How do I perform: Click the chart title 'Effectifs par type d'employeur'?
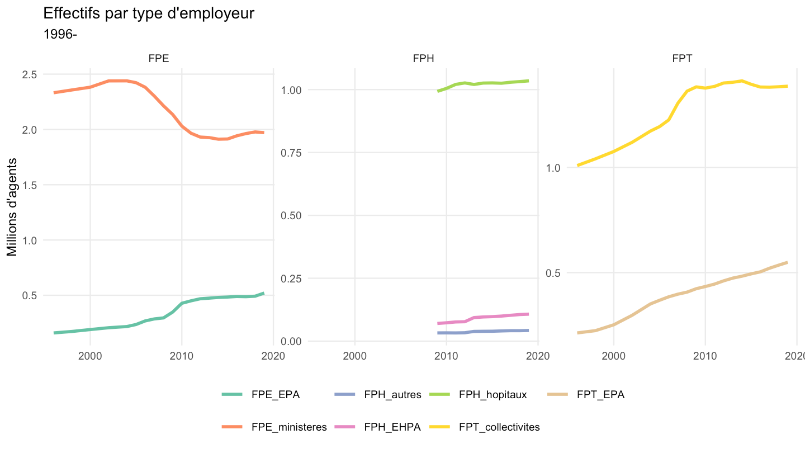point(149,13)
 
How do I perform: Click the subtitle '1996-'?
point(60,34)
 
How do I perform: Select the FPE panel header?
point(159,58)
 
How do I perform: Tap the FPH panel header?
point(423,58)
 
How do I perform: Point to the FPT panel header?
point(682,58)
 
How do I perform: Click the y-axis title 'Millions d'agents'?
point(12,207)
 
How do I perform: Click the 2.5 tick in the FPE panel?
point(30,74)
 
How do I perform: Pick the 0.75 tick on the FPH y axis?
point(291,153)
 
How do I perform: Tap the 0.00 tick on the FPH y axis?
point(291,341)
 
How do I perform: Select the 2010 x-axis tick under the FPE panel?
point(182,356)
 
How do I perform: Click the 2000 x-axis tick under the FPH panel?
point(354,356)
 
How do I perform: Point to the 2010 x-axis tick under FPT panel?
point(705,356)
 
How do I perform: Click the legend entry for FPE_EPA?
point(261,394)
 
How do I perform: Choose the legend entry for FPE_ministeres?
point(274,427)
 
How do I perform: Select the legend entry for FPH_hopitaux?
point(479,394)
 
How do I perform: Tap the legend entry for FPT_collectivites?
point(485,427)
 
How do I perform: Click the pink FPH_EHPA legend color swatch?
point(344,427)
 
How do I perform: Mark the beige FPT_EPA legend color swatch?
point(557,394)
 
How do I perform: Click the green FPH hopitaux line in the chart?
point(483,83)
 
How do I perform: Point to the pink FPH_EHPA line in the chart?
point(483,317)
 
